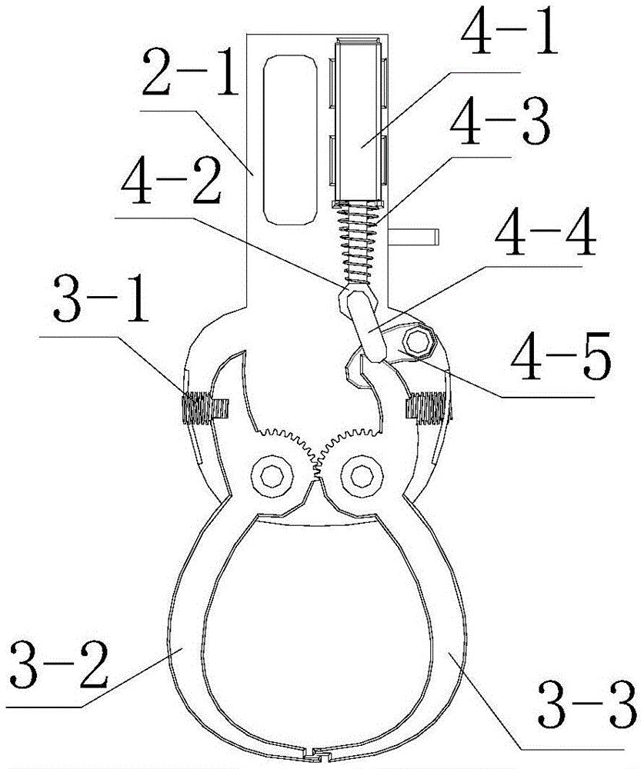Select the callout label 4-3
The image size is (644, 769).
(500, 122)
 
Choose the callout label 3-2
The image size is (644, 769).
(59, 664)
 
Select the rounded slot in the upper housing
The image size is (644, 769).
(289, 140)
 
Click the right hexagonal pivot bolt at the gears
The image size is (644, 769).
(362, 475)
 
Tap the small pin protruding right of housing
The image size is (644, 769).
(413, 237)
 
